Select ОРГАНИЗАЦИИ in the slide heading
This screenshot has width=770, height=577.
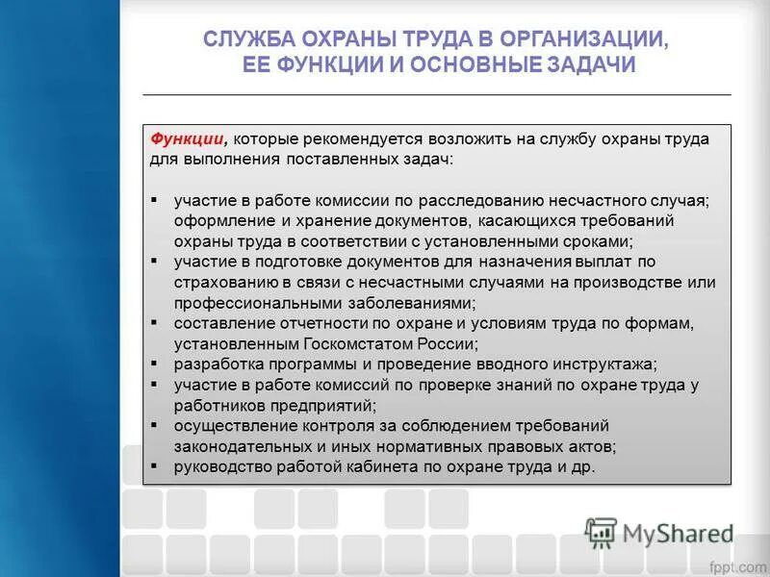click(x=586, y=39)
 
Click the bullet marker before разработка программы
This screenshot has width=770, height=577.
click(x=155, y=364)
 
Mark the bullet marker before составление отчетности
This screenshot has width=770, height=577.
click(x=155, y=322)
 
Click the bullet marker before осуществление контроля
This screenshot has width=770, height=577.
click(x=155, y=425)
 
